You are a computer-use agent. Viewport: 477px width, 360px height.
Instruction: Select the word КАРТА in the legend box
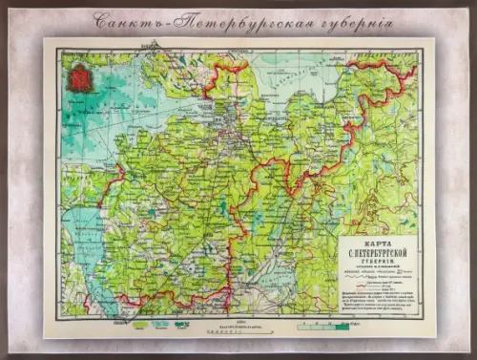[377, 244]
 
